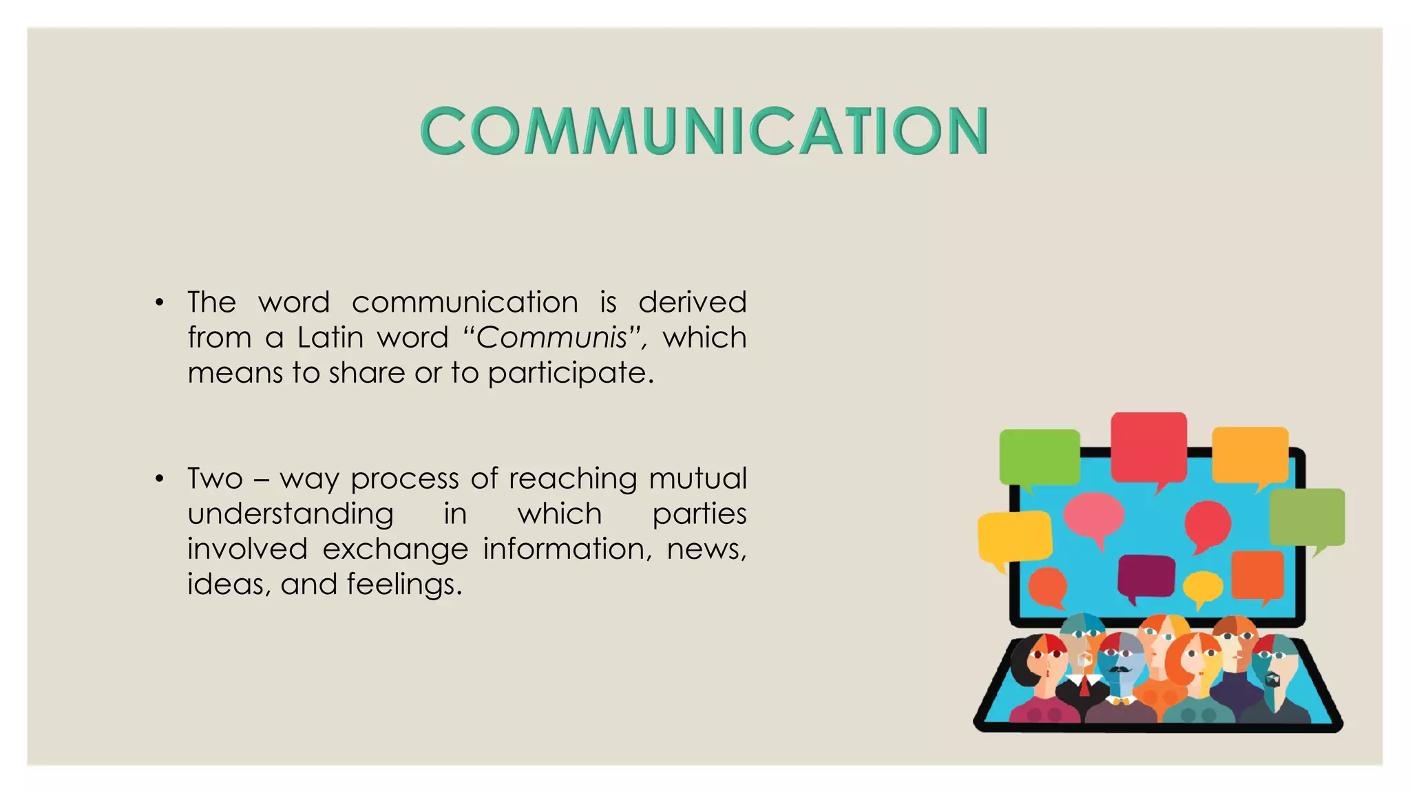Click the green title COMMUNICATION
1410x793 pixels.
(704, 131)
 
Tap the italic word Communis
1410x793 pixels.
(551, 338)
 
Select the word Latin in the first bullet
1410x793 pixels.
(330, 338)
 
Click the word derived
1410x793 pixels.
(692, 302)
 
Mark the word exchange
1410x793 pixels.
(395, 549)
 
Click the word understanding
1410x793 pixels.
(291, 514)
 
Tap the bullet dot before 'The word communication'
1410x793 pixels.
(160, 302)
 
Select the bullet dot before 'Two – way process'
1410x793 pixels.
(160, 478)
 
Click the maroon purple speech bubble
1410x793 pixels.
(1146, 576)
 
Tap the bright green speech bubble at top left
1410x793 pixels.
(1039, 456)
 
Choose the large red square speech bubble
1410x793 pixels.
(1148, 446)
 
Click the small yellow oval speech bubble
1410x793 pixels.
(1203, 586)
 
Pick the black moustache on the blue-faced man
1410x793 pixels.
(1119, 669)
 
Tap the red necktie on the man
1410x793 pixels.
(1084, 686)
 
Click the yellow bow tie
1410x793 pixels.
(1123, 701)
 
